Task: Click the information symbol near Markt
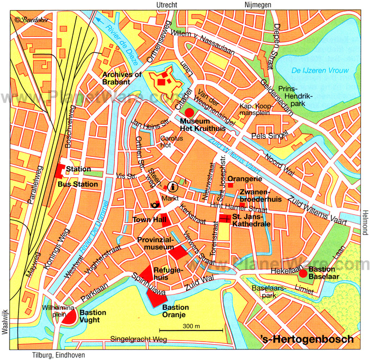tap(173, 186)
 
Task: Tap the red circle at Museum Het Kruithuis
tap(189, 112)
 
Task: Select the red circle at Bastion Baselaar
tap(302, 273)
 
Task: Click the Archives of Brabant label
tap(122, 78)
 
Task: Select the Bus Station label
tap(78, 184)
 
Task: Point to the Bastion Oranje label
tap(174, 311)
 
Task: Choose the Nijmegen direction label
tap(257, 5)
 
